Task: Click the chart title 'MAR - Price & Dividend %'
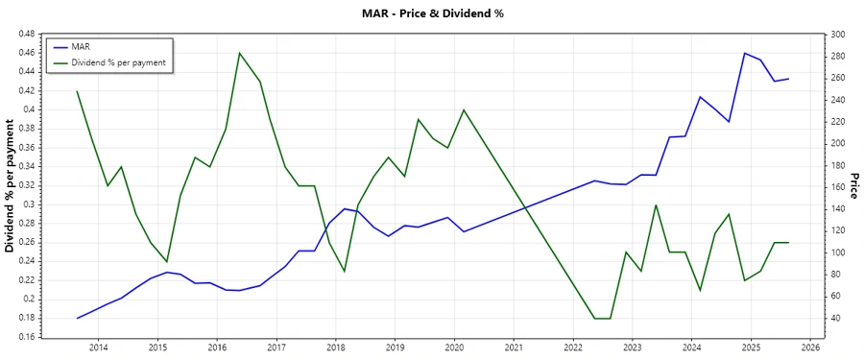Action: pyautogui.click(x=431, y=13)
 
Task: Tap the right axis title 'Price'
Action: pyautogui.click(x=853, y=184)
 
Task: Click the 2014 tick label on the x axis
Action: pyautogui.click(x=98, y=347)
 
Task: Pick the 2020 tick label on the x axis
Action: pyautogui.click(x=454, y=347)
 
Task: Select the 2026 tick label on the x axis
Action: pyautogui.click(x=810, y=347)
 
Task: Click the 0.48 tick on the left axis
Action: pyautogui.click(x=26, y=34)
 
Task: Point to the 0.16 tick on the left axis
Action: pyautogui.click(x=26, y=337)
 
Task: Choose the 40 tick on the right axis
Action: pyautogui.click(x=835, y=318)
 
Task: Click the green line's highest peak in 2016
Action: pyautogui.click(x=239, y=53)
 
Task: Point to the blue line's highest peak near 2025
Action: pyautogui.click(x=745, y=53)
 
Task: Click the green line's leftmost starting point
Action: pyautogui.click(x=77, y=91)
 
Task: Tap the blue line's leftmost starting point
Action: pyautogui.click(x=77, y=318)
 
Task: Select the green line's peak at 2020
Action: pyautogui.click(x=464, y=109)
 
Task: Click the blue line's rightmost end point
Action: pyautogui.click(x=788, y=79)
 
